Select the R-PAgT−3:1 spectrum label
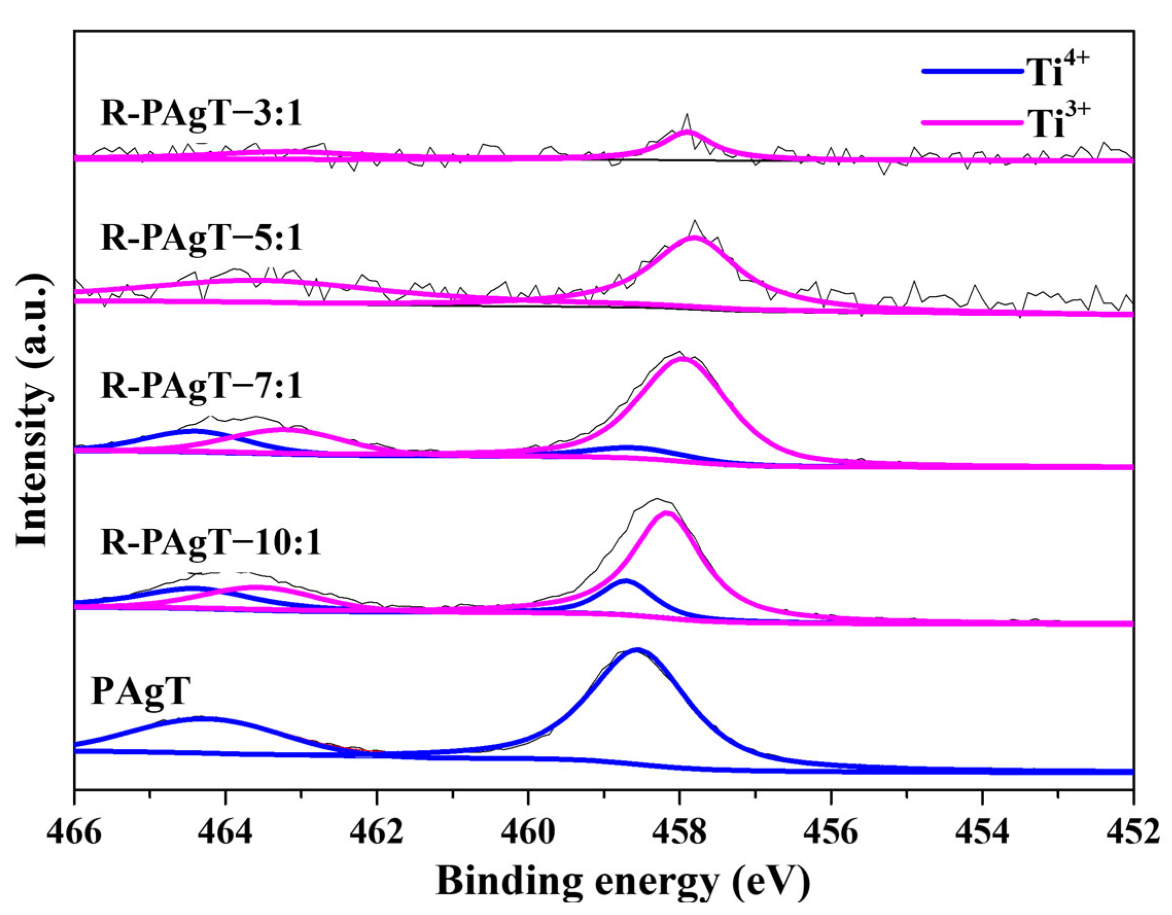pos(202,116)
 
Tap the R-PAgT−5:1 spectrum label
pos(202,238)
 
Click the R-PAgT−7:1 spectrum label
pos(202,387)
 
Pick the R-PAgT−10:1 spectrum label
pos(211,543)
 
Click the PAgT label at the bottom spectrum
pos(140,692)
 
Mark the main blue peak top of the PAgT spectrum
pos(637,650)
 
